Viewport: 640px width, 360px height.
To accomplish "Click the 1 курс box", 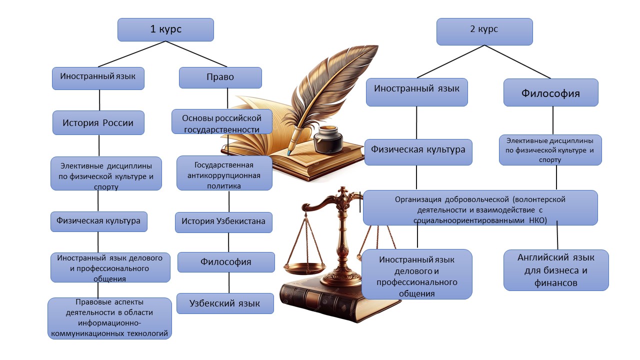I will point(165,29).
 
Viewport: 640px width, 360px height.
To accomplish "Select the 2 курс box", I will point(484,31).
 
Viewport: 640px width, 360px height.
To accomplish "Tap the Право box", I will point(220,77).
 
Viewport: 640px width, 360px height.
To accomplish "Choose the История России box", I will point(98,122).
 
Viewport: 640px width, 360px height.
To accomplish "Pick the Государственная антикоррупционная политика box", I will point(224,173).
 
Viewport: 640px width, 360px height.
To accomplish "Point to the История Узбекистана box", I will point(223,221).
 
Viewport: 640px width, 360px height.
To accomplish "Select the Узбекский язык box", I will point(225,303).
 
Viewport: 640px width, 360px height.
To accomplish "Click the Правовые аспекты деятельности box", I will point(110,318).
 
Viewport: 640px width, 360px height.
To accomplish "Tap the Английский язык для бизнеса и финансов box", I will point(555,270).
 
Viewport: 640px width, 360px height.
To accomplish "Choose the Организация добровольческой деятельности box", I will point(480,207).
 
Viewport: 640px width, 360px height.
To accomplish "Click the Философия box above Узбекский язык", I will point(226,262).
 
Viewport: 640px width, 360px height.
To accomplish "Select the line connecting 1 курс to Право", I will point(196,53).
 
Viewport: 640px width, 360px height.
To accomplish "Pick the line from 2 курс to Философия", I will point(517,61).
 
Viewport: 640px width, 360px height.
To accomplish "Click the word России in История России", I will point(118,123).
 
